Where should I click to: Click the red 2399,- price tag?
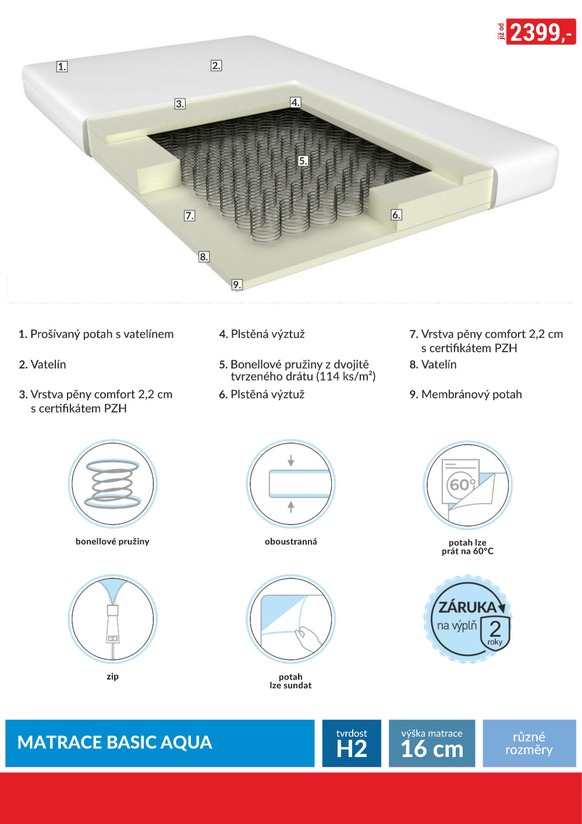[541, 31]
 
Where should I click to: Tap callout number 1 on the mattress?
[62, 66]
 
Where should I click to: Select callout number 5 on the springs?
[303, 161]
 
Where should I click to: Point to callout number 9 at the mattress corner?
[237, 284]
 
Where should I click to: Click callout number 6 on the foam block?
[396, 215]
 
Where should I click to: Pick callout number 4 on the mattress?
[296, 102]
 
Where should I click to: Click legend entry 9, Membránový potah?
[466, 394]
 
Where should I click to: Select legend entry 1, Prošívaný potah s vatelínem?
[96, 334]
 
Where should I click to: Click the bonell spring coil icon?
[112, 483]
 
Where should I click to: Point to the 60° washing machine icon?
[468, 485]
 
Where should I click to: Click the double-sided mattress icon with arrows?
[290, 483]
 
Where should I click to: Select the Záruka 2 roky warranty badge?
[468, 619]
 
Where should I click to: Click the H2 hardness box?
[352, 743]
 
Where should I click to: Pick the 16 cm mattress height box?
[432, 743]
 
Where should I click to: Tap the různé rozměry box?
[529, 743]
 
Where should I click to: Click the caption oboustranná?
[291, 542]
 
